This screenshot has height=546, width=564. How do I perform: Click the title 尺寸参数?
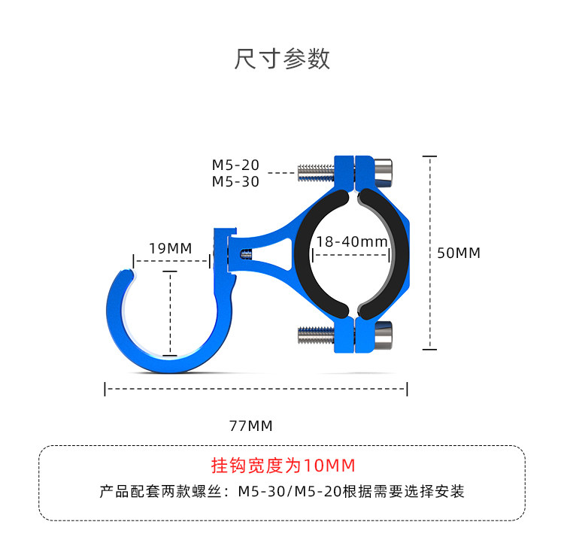(282, 59)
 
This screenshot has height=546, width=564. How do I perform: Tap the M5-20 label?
(235, 165)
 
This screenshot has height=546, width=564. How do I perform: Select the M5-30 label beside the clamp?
(235, 181)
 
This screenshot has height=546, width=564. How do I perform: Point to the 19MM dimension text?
(171, 248)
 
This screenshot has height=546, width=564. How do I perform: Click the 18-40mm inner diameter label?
(352, 241)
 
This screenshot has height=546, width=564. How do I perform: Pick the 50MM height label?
(459, 253)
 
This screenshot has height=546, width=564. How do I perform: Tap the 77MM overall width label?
(250, 426)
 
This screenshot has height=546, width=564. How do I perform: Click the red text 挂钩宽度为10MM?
(283, 465)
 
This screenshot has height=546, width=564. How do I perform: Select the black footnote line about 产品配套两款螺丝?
(282, 492)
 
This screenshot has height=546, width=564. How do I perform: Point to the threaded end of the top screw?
(315, 172)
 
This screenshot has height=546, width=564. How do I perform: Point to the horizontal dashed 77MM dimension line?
(256, 389)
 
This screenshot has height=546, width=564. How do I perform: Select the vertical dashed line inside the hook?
(171, 312)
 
